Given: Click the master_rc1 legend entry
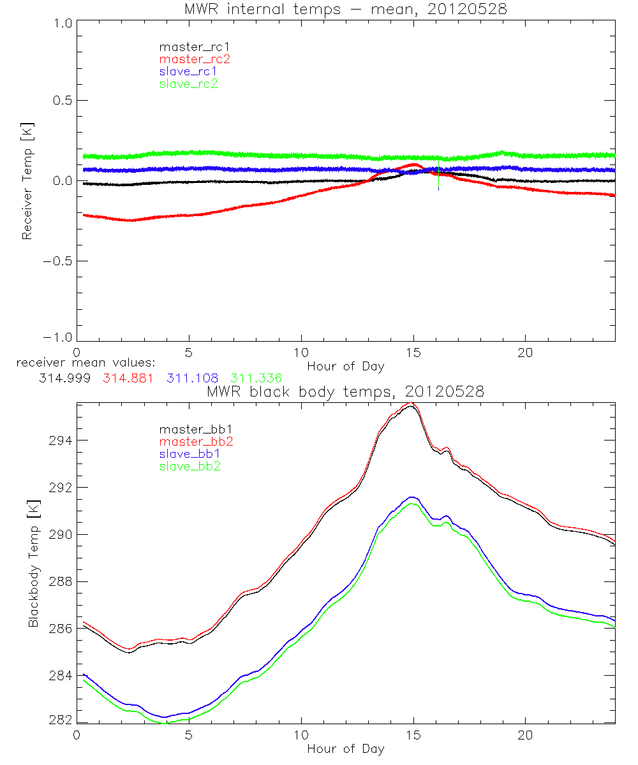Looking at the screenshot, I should pos(189,47).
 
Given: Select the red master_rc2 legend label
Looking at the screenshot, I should pos(189,59).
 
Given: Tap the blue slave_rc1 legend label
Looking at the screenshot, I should pos(189,71).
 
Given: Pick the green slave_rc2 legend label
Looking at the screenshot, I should pos(189,84).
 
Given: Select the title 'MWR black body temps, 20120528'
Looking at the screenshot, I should pos(345,392).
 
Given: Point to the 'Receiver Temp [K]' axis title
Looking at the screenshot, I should pos(27,180).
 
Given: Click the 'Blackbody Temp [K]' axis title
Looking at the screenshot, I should pos(33,563).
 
